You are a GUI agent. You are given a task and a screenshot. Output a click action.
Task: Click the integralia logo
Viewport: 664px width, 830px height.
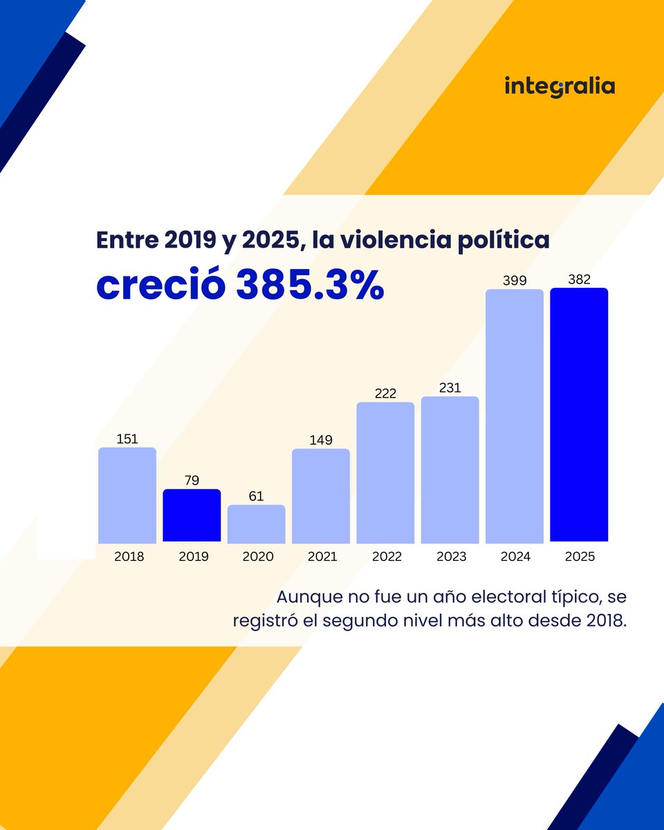[560, 87]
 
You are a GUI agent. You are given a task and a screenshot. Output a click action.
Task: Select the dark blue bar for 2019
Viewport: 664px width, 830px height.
[192, 515]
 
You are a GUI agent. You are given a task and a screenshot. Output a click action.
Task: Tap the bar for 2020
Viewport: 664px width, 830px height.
[256, 524]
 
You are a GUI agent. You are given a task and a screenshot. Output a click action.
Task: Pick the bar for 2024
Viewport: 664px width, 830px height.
[515, 416]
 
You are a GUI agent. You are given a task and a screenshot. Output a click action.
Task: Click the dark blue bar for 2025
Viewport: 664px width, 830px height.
[579, 415]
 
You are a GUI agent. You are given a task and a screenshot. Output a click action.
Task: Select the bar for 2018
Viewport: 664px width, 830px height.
[127, 495]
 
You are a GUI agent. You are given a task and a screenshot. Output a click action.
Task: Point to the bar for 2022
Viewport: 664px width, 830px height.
[385, 472]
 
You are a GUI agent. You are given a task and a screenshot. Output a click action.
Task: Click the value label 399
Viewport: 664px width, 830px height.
[515, 279]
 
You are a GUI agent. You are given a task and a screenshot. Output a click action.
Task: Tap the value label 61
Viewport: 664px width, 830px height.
[256, 496]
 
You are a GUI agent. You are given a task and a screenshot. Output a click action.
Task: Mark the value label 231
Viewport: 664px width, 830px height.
[450, 387]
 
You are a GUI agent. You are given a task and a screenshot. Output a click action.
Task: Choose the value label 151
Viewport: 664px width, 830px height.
[127, 439]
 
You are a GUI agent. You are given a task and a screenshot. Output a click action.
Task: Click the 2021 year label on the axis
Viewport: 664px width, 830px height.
[321, 557]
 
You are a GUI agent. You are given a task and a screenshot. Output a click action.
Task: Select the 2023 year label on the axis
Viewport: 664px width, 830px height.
[450, 557]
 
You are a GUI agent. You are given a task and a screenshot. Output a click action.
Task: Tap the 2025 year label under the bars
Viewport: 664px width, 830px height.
[579, 557]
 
